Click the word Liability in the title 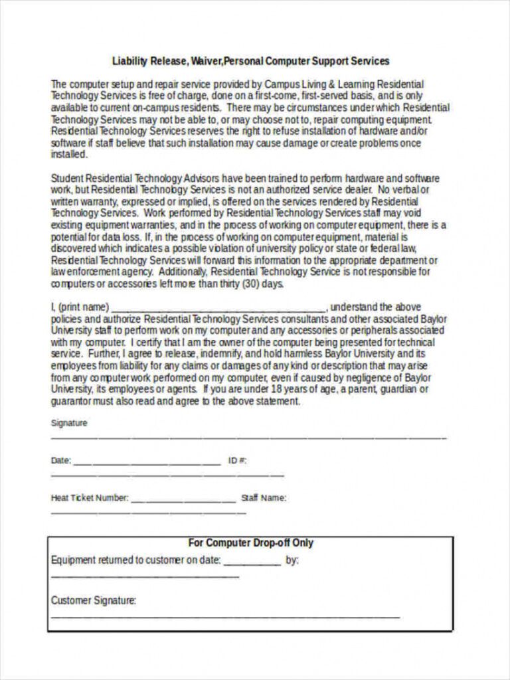tap(129, 61)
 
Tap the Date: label tap(60, 460)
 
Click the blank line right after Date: tap(146, 462)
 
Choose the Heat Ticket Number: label tap(90, 497)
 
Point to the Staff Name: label tap(264, 497)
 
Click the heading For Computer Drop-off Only tap(250, 543)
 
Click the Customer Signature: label tap(94, 600)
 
